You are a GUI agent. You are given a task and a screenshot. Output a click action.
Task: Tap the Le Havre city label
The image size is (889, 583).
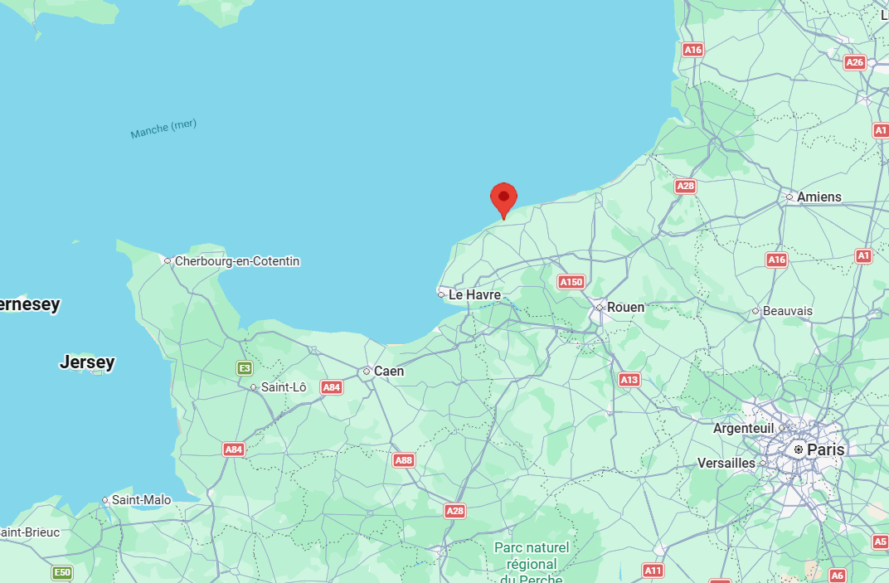coord(474,294)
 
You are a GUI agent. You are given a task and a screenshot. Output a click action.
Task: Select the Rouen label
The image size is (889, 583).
coord(625,307)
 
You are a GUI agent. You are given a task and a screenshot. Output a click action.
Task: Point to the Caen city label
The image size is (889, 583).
coord(389,371)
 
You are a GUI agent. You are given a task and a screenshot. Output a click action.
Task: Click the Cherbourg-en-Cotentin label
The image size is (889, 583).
coord(236,261)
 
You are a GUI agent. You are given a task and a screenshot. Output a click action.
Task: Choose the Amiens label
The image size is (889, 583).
coord(819,197)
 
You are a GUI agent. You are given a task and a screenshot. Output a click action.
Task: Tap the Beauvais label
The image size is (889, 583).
coord(787,311)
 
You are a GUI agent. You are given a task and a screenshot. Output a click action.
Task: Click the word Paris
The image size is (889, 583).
coord(825,449)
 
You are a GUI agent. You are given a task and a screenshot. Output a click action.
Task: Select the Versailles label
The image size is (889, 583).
coord(726,463)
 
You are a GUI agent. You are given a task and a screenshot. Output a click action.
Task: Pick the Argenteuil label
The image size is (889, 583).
coord(743,429)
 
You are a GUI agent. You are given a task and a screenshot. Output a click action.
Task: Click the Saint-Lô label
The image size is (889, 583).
coord(284,387)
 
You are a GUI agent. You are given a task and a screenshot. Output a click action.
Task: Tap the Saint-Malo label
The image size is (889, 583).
coord(141,500)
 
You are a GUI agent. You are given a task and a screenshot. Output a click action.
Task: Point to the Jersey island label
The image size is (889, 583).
coord(87,362)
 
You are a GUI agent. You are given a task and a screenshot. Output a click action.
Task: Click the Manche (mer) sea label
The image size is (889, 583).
coord(163,129)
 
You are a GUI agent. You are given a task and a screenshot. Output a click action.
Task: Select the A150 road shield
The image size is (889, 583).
coord(571,282)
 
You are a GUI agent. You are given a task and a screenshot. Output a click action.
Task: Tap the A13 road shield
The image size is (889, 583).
coord(629,380)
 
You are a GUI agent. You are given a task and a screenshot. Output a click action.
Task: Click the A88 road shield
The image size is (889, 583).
coord(404,460)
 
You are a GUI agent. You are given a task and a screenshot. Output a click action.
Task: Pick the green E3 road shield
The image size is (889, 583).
coord(244,368)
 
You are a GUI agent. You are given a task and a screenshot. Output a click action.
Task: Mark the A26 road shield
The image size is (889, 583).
coord(854,62)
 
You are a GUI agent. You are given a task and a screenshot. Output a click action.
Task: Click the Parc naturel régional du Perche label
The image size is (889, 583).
coord(532,562)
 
